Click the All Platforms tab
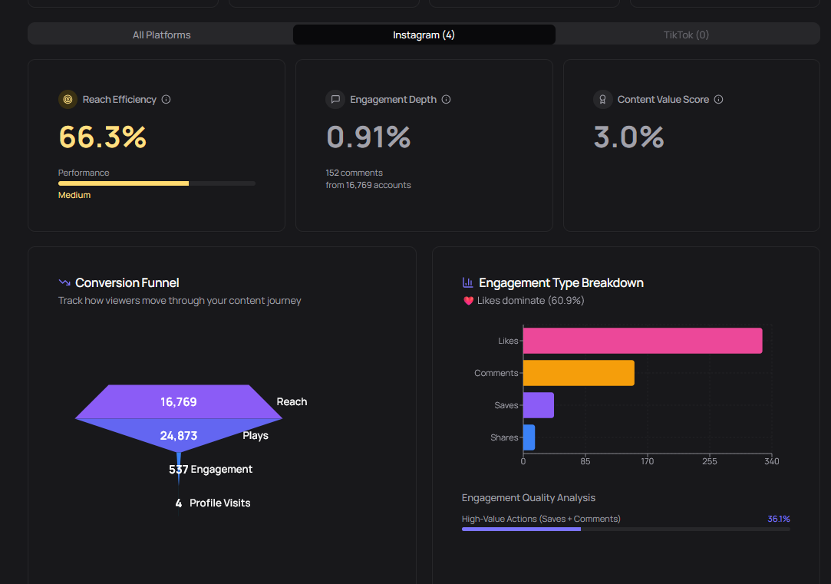pyautogui.click(x=161, y=35)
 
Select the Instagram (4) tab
pyautogui.click(x=424, y=35)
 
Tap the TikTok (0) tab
pyautogui.click(x=686, y=35)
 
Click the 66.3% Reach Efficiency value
pyautogui.click(x=103, y=137)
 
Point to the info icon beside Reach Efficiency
pyautogui.click(x=167, y=100)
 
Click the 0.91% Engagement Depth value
pyautogui.click(x=368, y=137)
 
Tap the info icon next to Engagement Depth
pyautogui.click(x=447, y=100)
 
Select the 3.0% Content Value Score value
pyautogui.click(x=628, y=137)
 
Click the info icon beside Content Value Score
pyautogui.click(x=719, y=100)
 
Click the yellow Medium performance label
pyautogui.click(x=74, y=195)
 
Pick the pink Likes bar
pyautogui.click(x=642, y=341)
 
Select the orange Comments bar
pyautogui.click(x=579, y=373)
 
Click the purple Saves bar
pyautogui.click(x=538, y=405)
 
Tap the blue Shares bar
pyautogui.click(x=529, y=437)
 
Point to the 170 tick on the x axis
pyautogui.click(x=648, y=461)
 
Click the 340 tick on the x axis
pyautogui.click(x=771, y=461)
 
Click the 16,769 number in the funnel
pyautogui.click(x=179, y=402)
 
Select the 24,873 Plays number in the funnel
pyautogui.click(x=179, y=436)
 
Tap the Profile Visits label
pyautogui.click(x=219, y=503)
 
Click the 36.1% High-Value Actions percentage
pyautogui.click(x=779, y=519)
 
